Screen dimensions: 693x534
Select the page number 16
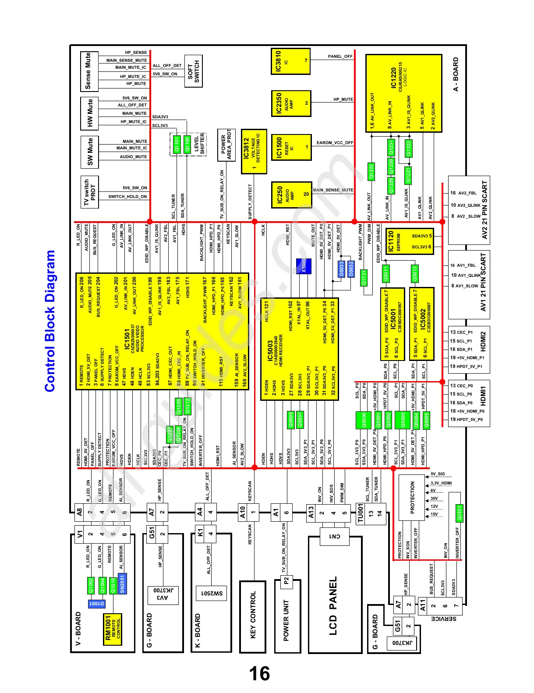click(259, 673)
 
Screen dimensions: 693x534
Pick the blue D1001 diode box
click(96, 604)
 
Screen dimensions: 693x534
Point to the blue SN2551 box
click(122, 583)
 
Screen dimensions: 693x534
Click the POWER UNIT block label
click(286, 620)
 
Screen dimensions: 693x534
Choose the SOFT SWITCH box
click(193, 71)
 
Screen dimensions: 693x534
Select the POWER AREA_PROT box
click(226, 145)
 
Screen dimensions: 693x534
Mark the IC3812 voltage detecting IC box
click(253, 151)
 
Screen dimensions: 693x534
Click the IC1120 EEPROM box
click(409, 241)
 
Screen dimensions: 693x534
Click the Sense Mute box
click(89, 71)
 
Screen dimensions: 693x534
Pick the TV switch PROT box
click(89, 192)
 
